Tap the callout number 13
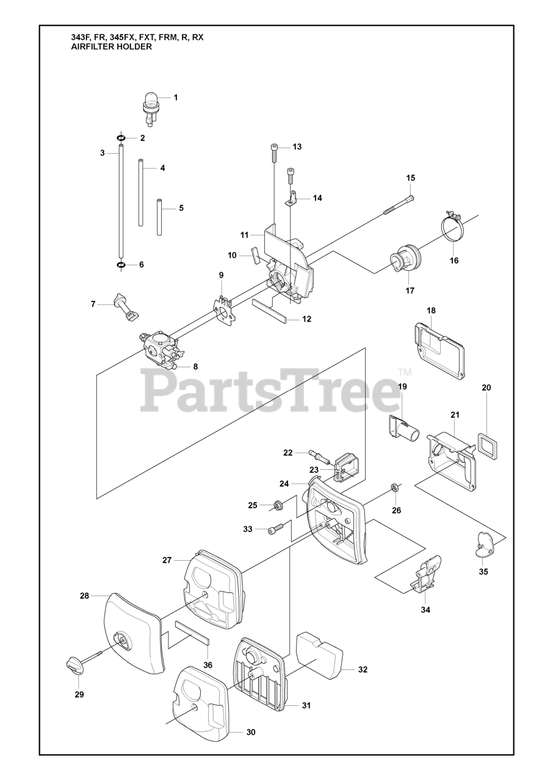tap(297, 146)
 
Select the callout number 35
tap(483, 572)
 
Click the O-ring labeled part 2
tap(121, 139)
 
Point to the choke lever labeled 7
tap(126, 306)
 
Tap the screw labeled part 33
tap(276, 528)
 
